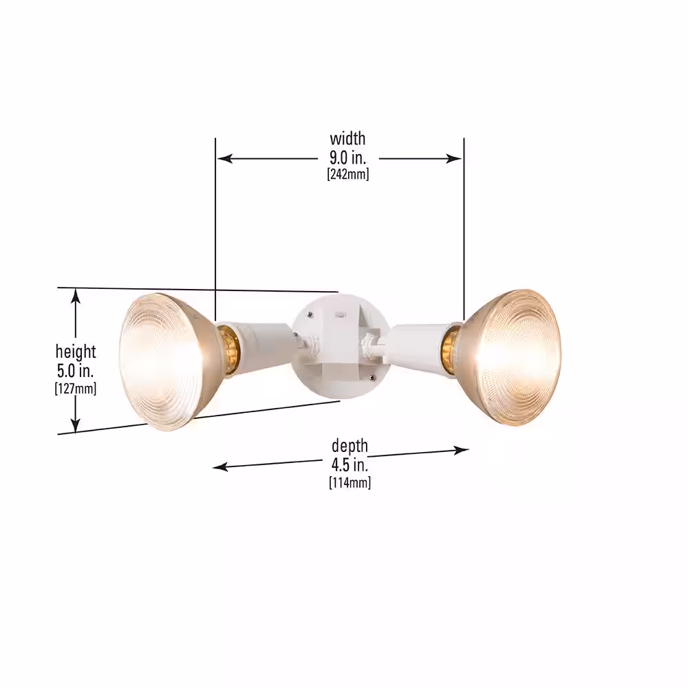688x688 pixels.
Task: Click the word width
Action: [x=347, y=139]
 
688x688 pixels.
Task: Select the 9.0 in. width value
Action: [x=347, y=158]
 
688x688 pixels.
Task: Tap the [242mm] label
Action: [x=348, y=174]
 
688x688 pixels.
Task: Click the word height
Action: [x=76, y=352]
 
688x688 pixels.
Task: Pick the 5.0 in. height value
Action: [x=76, y=371]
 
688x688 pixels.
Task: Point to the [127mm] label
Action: [x=76, y=388]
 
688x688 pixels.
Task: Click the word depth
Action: [x=350, y=447]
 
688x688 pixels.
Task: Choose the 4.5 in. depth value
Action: [x=350, y=464]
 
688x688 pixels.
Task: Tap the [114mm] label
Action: [x=350, y=483]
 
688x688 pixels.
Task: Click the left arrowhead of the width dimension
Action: [x=224, y=158]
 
